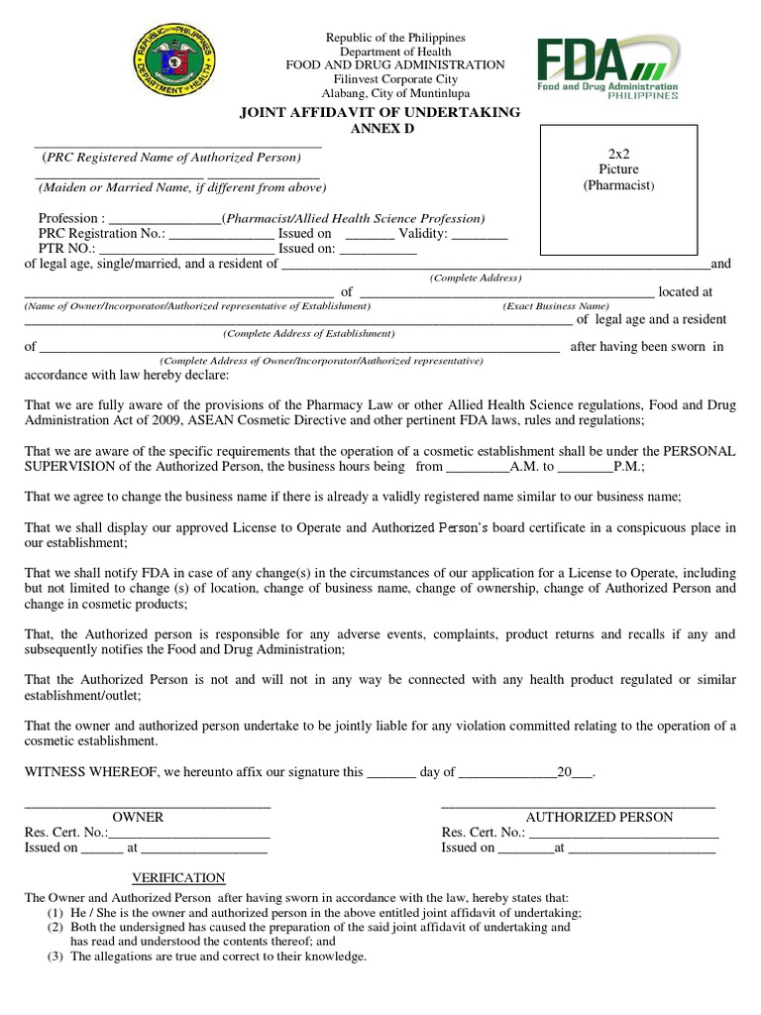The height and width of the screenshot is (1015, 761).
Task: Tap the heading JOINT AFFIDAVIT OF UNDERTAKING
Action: click(x=380, y=113)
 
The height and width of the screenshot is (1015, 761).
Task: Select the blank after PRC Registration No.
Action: click(x=220, y=235)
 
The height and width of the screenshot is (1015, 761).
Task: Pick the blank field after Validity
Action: click(x=479, y=235)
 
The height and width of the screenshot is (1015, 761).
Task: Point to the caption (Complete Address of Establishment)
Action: click(x=308, y=334)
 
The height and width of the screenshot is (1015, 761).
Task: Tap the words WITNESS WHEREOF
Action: click(x=94, y=772)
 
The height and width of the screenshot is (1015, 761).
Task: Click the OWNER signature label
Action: click(x=138, y=818)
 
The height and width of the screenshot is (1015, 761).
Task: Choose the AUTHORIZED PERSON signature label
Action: click(x=598, y=818)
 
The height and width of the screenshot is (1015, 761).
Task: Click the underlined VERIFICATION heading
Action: click(x=179, y=878)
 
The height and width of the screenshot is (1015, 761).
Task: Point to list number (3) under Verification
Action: click(x=55, y=957)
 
